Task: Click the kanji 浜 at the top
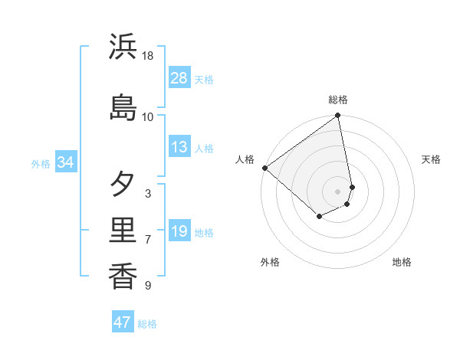(x=123, y=47)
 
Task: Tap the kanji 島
(x=123, y=108)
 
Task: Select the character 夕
(x=123, y=185)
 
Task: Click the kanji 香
(x=123, y=277)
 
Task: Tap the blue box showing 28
(x=179, y=78)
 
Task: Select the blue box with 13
(x=179, y=147)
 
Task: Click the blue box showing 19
(x=179, y=231)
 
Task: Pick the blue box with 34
(x=65, y=162)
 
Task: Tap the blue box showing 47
(x=123, y=322)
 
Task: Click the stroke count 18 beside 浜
(x=148, y=56)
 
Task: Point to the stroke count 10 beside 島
(x=148, y=116)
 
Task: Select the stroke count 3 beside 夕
(x=148, y=193)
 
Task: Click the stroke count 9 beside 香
(x=148, y=286)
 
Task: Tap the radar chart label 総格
(x=338, y=100)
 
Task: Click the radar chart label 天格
(x=432, y=159)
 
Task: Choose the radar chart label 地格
(x=402, y=262)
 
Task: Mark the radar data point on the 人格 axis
(x=264, y=168)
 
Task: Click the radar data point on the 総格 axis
(x=338, y=116)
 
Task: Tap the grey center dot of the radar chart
(x=338, y=191)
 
